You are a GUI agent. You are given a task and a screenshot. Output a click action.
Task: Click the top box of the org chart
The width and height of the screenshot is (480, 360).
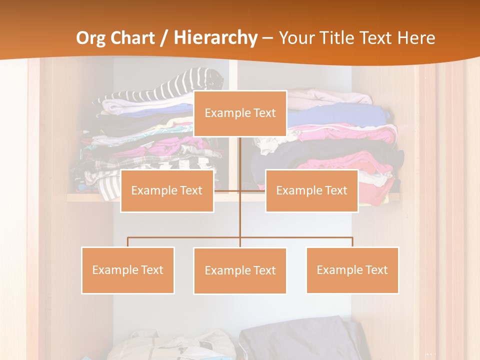(x=240, y=113)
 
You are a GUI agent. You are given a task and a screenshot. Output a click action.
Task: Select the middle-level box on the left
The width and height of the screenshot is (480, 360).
(x=167, y=190)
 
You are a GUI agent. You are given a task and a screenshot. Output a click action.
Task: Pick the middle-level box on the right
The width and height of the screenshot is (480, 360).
(x=311, y=190)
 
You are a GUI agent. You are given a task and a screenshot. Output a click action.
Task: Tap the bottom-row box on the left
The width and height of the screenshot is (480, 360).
(x=128, y=270)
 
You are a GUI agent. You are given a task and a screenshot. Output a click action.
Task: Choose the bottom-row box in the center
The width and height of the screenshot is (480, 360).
(x=240, y=270)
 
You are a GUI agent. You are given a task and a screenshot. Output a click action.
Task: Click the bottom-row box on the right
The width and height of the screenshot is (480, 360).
(x=352, y=270)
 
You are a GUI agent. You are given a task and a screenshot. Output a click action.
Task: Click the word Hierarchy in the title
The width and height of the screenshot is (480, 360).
(x=215, y=37)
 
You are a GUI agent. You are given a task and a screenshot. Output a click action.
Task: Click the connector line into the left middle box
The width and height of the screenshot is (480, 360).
(x=227, y=190)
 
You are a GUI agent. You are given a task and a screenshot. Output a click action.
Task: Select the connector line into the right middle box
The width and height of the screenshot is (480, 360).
(x=253, y=190)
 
